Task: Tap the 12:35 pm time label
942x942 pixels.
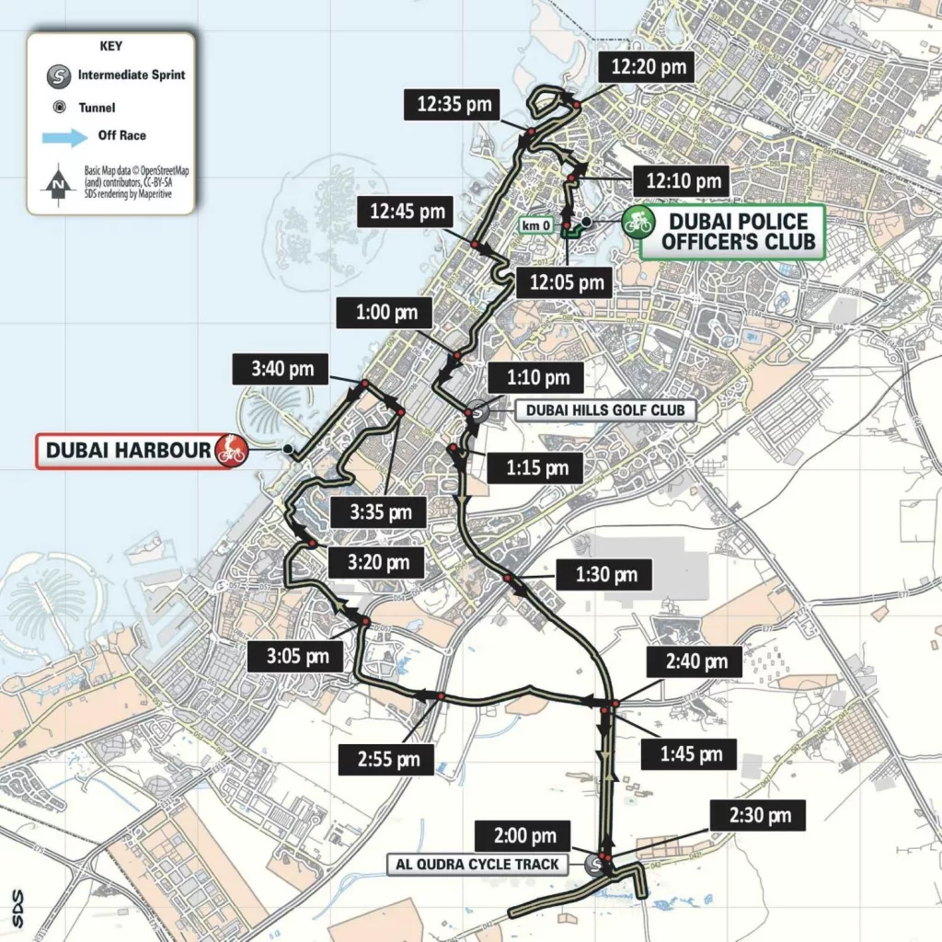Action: pyautogui.click(x=454, y=104)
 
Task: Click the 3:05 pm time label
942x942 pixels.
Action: pyautogui.click(x=298, y=656)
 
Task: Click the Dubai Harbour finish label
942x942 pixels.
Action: pyautogui.click(x=129, y=451)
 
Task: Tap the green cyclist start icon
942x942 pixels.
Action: pyautogui.click(x=637, y=222)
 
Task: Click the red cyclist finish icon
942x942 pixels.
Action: pyautogui.click(x=231, y=451)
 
